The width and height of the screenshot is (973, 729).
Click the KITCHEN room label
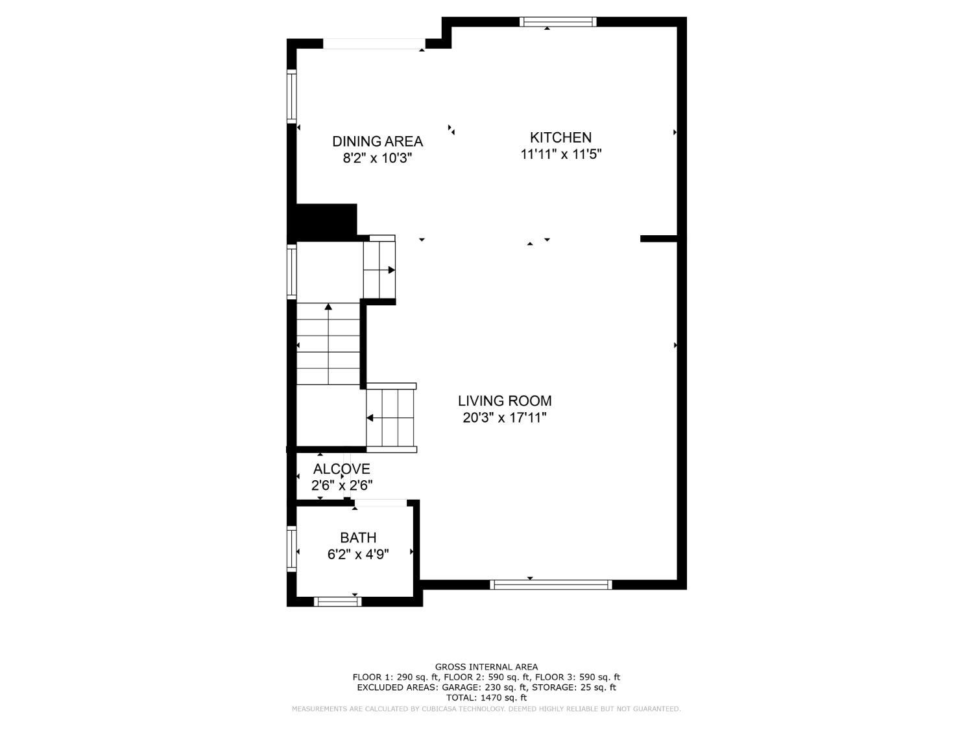click(560, 137)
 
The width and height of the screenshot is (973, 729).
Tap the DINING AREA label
click(378, 141)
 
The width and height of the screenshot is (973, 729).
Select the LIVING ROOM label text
click(505, 401)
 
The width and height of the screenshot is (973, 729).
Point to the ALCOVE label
click(341, 469)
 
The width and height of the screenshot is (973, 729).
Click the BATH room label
click(358, 538)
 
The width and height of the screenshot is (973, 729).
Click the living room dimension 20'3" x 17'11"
click(505, 418)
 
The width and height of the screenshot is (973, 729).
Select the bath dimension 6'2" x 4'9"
click(358, 555)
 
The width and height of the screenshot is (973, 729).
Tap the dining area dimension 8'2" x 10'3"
click(378, 158)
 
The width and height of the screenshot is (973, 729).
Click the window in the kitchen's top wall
click(558, 22)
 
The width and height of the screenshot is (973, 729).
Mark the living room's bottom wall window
click(551, 584)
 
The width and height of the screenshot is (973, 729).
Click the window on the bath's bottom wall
click(337, 601)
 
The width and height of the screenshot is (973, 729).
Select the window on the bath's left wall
click(292, 548)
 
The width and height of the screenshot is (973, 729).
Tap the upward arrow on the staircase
click(328, 307)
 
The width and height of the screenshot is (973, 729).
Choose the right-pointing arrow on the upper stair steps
click(391, 270)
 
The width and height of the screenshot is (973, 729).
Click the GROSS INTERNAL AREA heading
click(486, 667)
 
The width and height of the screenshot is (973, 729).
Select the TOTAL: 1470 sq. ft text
click(486, 698)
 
